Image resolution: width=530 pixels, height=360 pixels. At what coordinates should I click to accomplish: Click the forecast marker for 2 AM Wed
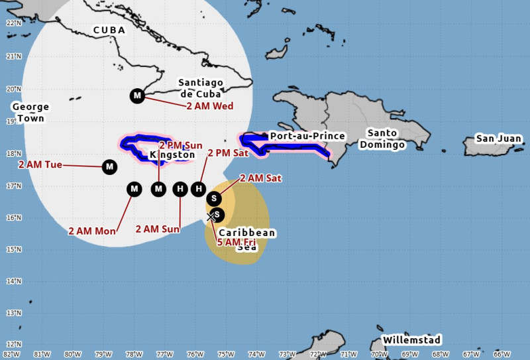(137, 96)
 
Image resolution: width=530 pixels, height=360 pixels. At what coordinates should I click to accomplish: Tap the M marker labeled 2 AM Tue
(109, 167)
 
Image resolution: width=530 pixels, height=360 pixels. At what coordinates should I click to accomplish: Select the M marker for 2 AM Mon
(134, 190)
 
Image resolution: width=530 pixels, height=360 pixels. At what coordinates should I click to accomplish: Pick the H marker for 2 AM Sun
(180, 190)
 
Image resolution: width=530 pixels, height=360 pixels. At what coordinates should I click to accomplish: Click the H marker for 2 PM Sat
(198, 190)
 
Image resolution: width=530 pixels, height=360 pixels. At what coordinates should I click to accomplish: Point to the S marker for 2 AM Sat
(214, 198)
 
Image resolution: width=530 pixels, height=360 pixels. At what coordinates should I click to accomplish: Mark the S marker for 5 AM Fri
(217, 215)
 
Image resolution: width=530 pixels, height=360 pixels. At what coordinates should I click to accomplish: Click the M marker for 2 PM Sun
(158, 190)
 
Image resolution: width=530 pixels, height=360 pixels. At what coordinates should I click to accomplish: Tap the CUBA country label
(109, 30)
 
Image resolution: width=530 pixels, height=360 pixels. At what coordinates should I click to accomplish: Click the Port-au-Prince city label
(307, 136)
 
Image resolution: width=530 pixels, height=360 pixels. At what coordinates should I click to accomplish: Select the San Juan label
(499, 139)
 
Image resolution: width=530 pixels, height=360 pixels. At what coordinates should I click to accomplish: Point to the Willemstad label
(411, 340)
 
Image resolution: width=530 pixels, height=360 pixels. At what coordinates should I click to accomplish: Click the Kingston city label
(173, 155)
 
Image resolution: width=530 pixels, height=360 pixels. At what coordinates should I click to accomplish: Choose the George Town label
(30, 113)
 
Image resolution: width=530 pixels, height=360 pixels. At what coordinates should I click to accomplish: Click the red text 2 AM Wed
(210, 106)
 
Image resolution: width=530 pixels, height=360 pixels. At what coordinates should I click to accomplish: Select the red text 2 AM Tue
(40, 164)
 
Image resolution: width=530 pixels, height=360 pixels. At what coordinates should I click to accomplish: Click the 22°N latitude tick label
(11, 23)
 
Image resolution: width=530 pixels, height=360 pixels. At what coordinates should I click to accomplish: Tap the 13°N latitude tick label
(11, 312)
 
